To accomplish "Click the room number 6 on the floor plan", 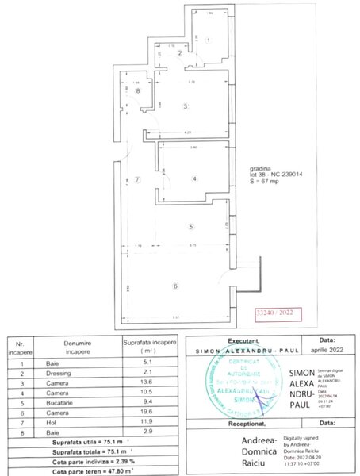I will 175,286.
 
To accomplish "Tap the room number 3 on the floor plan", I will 185,106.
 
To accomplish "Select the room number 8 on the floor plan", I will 137,91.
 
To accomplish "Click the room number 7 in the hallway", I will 136,180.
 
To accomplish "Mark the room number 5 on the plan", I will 190,227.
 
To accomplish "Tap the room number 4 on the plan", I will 193,178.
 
